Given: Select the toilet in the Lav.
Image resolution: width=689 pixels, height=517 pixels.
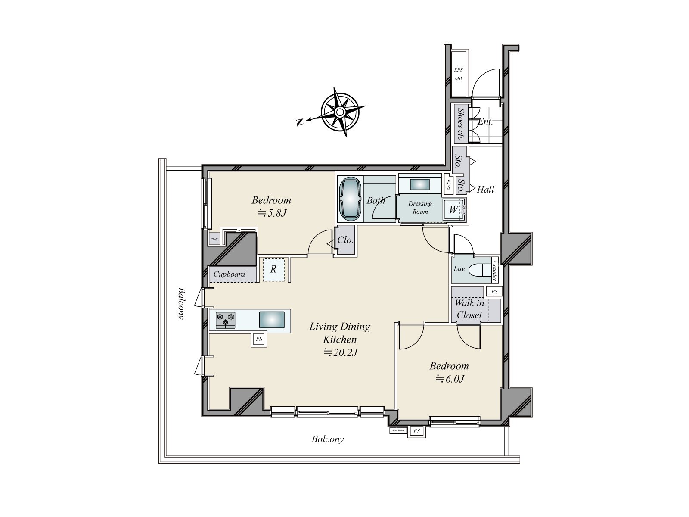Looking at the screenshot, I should [478, 269].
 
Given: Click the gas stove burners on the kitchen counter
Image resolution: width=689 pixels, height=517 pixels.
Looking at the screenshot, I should [226, 320].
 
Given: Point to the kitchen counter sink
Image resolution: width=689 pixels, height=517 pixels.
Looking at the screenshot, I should [271, 320].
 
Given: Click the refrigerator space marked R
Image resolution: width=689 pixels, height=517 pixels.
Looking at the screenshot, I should [273, 270].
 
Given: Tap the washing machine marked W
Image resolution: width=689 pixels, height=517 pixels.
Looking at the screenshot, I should [453, 210].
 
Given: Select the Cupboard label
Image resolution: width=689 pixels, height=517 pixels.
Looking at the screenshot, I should [230, 274].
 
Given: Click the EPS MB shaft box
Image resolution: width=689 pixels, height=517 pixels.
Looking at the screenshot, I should [458, 74].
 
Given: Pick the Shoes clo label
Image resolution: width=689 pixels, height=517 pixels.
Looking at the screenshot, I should [460, 124].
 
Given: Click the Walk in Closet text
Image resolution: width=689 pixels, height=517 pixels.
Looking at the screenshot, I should [469, 309].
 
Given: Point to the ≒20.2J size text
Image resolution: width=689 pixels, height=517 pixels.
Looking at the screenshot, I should [341, 353].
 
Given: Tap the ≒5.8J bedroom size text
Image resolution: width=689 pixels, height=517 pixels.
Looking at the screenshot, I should [272, 213].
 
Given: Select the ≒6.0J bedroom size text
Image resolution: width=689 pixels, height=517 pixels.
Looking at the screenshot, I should [450, 379].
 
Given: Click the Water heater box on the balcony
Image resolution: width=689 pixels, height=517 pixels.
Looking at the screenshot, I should [397, 430].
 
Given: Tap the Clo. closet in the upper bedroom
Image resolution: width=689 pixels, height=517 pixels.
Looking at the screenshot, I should [345, 240].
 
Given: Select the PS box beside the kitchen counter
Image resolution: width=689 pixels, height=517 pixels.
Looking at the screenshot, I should [259, 339].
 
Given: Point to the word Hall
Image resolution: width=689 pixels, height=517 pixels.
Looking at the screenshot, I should [486, 189].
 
